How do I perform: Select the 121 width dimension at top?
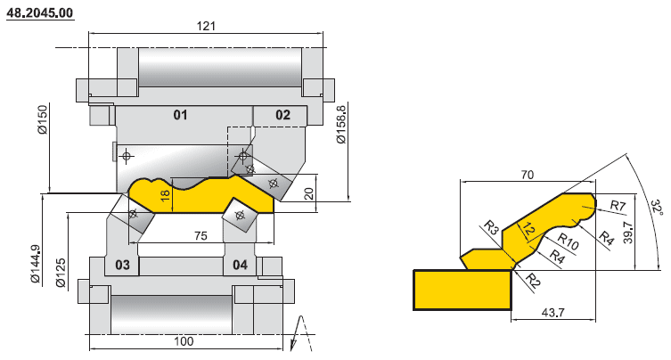206,27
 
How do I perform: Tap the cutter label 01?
180,115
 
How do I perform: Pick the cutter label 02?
282,115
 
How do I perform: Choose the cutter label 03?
122,266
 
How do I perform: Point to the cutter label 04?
240,266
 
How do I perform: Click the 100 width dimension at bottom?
184,342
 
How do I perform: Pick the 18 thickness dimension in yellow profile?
164,195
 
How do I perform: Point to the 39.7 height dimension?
628,233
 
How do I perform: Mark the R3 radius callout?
490,227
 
